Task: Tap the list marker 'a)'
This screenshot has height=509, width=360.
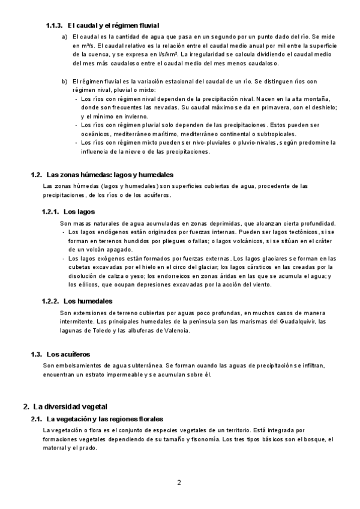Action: [64, 37]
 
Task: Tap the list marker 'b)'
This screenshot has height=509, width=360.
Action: [64, 81]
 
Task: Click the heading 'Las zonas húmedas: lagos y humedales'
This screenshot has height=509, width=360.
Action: [109, 175]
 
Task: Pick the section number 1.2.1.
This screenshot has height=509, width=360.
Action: [50, 211]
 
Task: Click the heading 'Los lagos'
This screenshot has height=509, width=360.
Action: [79, 211]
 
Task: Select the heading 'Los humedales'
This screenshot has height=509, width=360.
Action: [87, 301]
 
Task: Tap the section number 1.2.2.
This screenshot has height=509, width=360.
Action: [50, 301]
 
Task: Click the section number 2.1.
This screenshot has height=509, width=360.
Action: [36, 418]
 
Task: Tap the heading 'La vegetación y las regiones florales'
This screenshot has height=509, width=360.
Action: [104, 418]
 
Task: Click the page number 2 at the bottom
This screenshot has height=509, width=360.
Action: [179, 482]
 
